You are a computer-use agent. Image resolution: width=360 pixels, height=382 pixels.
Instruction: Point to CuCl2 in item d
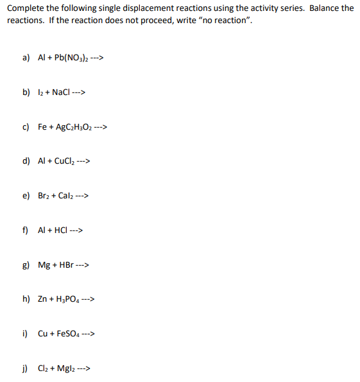[x=62, y=161]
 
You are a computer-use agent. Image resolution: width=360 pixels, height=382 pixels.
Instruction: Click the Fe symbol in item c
[x=42, y=126]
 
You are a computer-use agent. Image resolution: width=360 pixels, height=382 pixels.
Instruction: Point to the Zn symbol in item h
[x=42, y=300]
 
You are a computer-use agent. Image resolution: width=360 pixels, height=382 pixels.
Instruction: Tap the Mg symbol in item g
[x=44, y=265]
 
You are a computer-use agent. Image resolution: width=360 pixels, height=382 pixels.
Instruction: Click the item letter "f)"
[x=25, y=230]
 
